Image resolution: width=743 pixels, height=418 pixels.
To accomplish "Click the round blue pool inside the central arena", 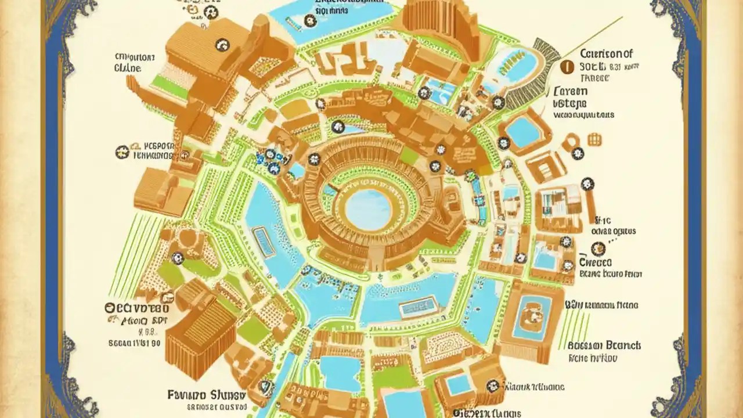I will pos(367,209).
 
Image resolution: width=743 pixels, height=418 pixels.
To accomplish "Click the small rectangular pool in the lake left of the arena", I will pos(264,242).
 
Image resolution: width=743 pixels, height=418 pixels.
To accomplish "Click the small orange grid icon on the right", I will pos(594,139).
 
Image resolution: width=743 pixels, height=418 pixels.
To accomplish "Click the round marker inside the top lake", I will pos(310,21).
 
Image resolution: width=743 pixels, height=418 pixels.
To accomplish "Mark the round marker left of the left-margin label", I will pos(121,152).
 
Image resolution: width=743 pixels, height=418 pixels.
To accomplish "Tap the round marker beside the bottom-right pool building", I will pos(493,384).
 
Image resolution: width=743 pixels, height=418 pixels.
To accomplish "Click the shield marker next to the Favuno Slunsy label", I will pos(265,385).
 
